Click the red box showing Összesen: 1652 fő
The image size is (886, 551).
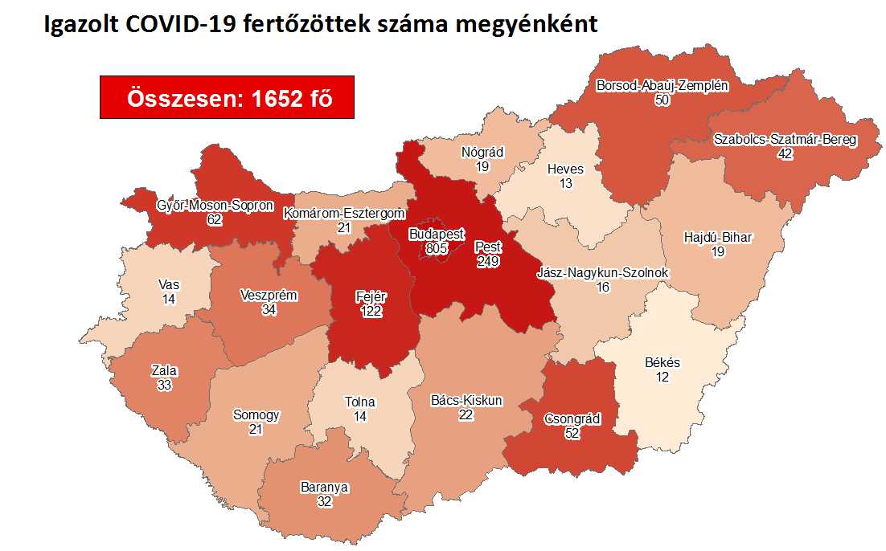coord(227,97)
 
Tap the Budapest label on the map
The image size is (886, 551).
coord(436,235)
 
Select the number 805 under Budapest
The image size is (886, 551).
coord(436,249)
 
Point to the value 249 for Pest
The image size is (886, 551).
coord(488,262)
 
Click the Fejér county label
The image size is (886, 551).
coord(371,296)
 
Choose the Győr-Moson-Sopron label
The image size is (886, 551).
coord(215,205)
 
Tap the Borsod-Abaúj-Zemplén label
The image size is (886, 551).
coord(662,85)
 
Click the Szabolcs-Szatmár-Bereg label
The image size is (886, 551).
coord(786,140)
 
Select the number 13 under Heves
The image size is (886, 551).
coord(565,184)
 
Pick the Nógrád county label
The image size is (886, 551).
coord(482,152)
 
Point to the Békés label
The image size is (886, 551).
coord(662,362)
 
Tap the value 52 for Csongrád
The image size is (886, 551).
coord(572,433)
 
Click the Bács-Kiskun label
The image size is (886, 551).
coord(466,400)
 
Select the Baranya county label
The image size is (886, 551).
coord(325,487)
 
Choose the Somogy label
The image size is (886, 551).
coord(256,415)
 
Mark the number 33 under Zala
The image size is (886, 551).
coord(164,386)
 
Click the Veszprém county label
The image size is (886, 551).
coord(269,296)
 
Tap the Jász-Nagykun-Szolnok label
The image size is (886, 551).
coord(602,273)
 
